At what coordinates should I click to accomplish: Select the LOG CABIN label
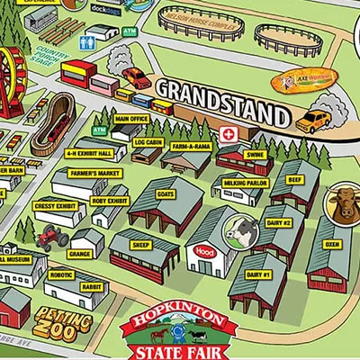click(148, 141)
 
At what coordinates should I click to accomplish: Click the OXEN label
click(332, 243)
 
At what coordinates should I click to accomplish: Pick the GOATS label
click(165, 193)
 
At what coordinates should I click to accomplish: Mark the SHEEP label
click(141, 244)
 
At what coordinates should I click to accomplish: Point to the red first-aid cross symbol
click(229, 134)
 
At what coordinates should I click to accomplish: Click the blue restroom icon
click(88, 42)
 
